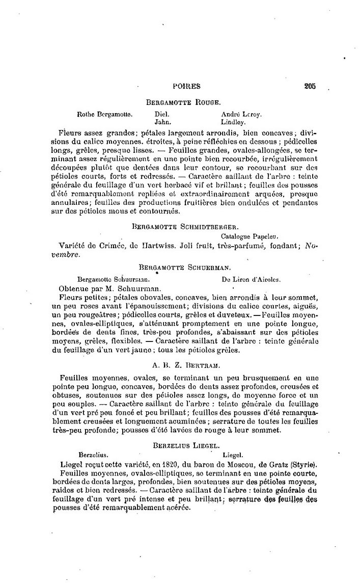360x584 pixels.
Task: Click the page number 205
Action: (x=310, y=86)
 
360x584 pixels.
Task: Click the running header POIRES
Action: (x=186, y=87)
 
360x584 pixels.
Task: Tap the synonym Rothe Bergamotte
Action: (x=105, y=115)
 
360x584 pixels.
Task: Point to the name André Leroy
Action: (x=241, y=115)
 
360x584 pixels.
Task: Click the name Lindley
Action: (x=234, y=122)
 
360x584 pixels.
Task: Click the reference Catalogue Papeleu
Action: (x=248, y=236)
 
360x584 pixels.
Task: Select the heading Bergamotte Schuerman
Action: (x=185, y=267)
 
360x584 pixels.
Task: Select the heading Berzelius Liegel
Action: (x=185, y=445)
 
